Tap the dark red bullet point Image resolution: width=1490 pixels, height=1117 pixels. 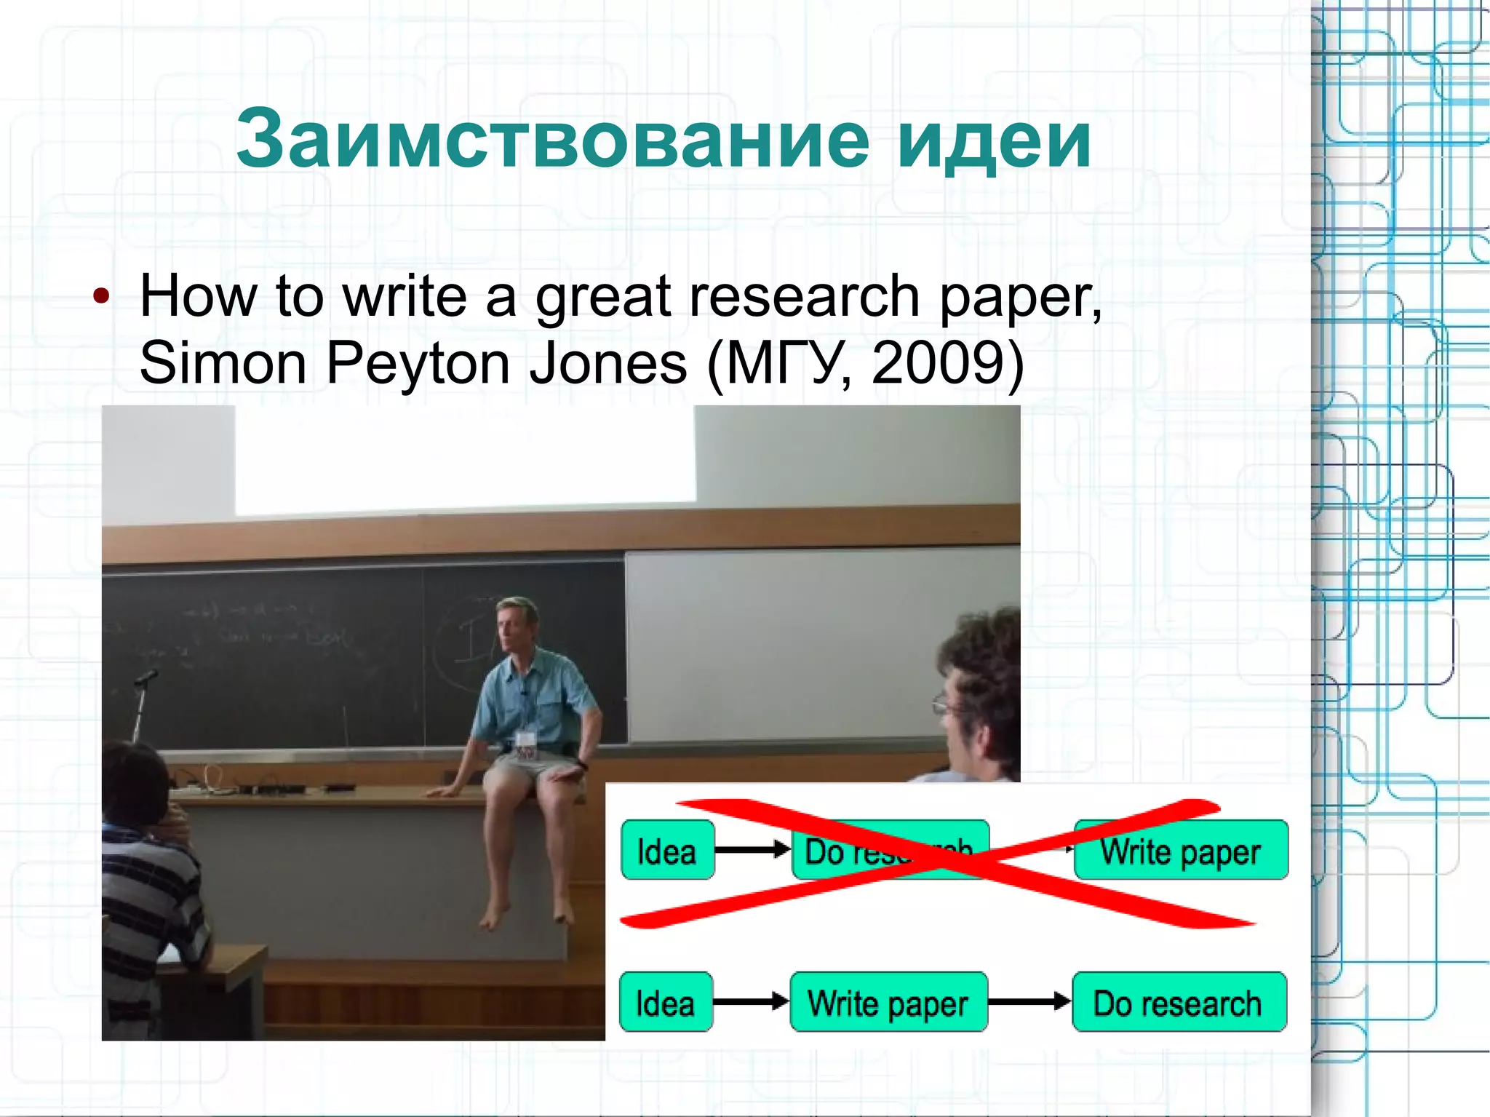(101, 296)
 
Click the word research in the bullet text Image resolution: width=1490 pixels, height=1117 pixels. (804, 296)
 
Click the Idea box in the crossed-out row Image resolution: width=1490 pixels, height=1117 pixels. (667, 851)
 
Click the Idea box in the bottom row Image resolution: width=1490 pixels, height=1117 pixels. (666, 1003)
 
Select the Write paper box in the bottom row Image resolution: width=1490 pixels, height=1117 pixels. (888, 1003)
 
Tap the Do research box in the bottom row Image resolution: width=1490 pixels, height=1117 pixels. (1179, 1003)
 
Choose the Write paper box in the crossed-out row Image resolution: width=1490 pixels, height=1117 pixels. (1180, 851)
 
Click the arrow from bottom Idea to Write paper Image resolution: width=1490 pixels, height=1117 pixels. (751, 1002)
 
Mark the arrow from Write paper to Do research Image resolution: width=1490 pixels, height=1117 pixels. (1029, 1002)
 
